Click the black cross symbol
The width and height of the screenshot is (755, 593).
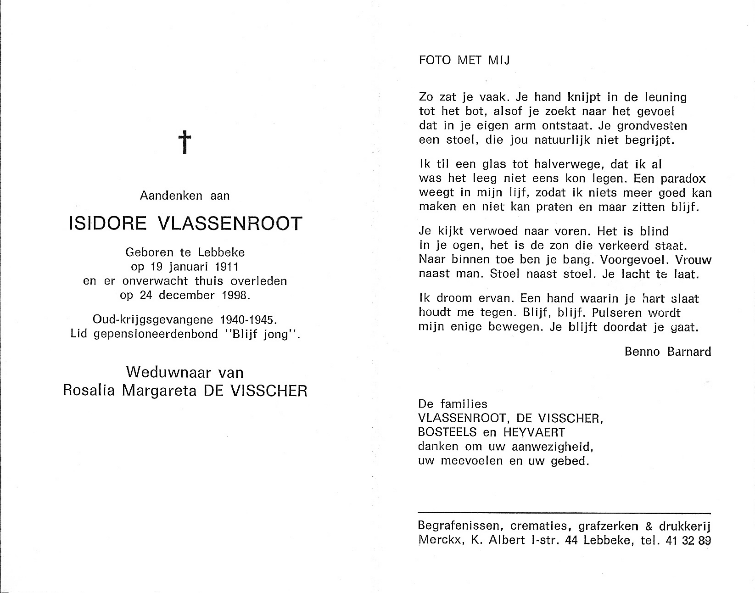pyautogui.click(x=184, y=142)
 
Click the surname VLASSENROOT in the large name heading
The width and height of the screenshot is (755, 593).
pyautogui.click(x=230, y=224)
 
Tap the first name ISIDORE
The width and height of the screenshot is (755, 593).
pyautogui.click(x=107, y=224)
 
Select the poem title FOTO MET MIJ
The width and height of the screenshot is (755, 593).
pyautogui.click(x=464, y=61)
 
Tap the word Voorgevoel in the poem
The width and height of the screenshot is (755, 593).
pyautogui.click(x=630, y=259)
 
